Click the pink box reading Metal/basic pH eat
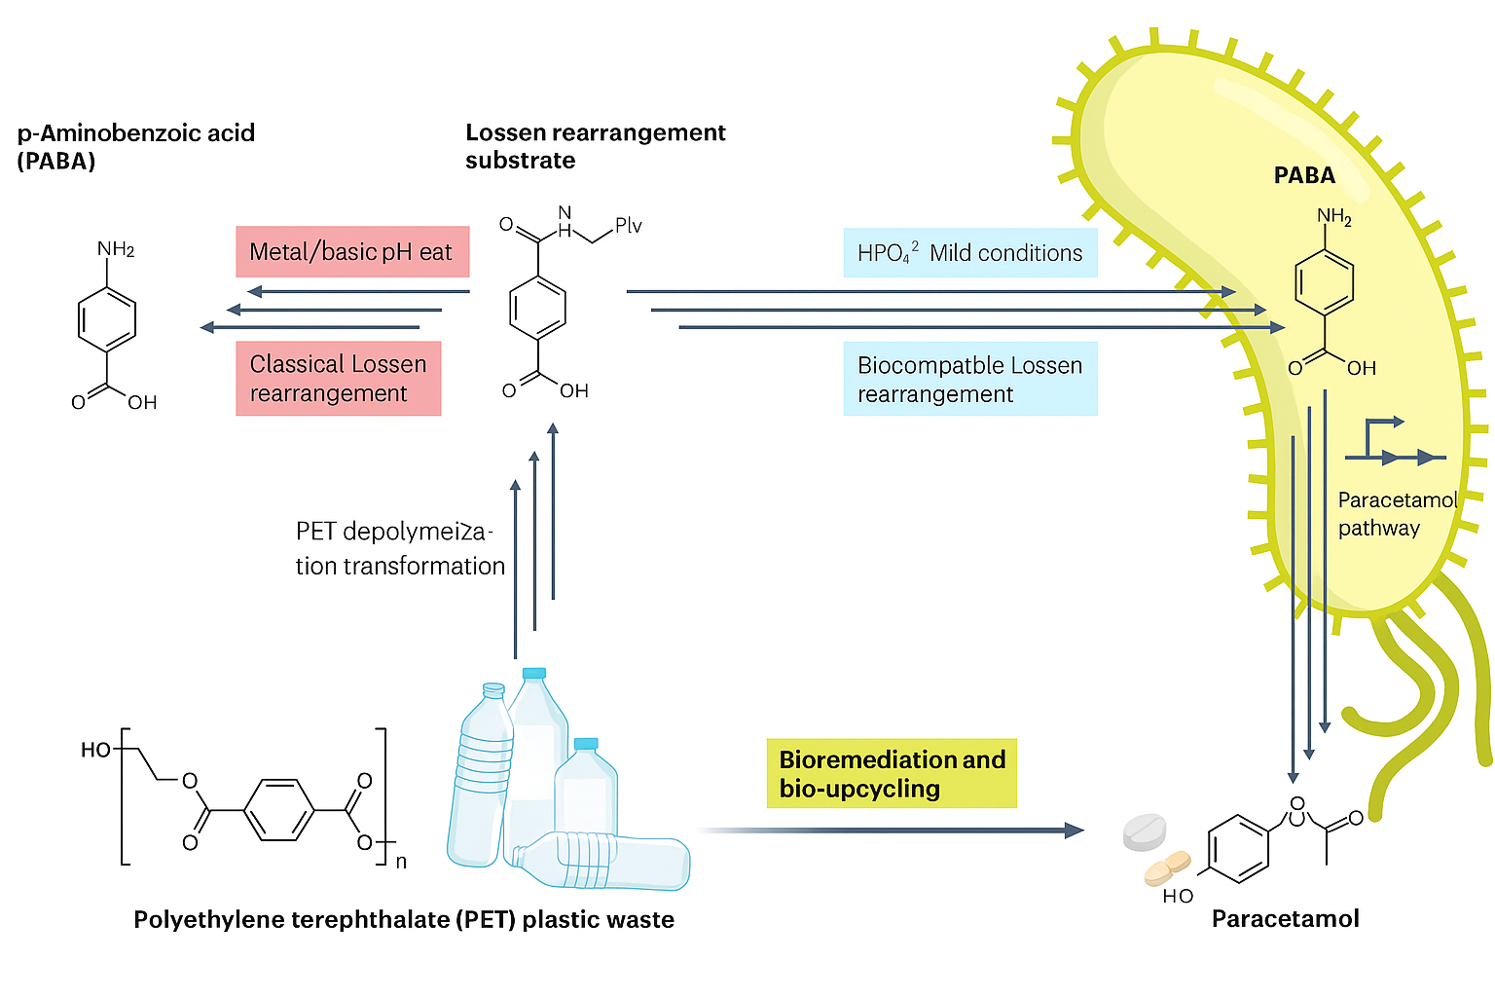pos(351,252)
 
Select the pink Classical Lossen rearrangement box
pos(338,379)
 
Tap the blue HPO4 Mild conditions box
pos(969,253)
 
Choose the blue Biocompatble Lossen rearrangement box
pos(969,379)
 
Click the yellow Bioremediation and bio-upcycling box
pos(892,774)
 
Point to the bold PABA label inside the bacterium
pos(1304,176)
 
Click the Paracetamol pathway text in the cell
pos(1396,514)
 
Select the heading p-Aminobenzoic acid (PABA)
pos(135,147)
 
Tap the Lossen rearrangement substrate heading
pos(595,146)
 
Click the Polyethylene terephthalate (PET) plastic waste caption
pos(403,920)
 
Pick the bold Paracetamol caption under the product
pos(1285,919)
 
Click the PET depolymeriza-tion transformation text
pos(399,549)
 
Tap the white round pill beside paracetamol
pos(1144,832)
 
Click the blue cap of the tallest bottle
pos(534,673)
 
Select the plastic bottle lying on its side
pos(603,862)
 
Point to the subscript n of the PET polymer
pos(401,862)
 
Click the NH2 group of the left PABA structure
pos(116,249)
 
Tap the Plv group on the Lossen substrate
pos(628,226)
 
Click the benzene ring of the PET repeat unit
pos(278,810)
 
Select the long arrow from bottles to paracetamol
pos(891,831)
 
